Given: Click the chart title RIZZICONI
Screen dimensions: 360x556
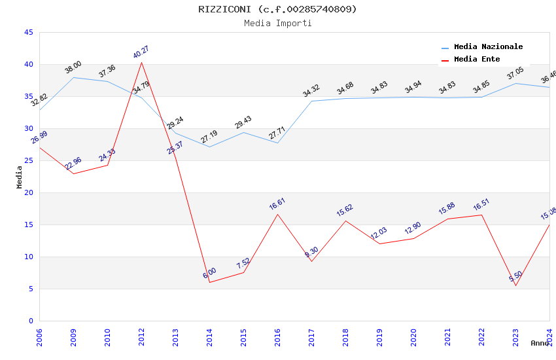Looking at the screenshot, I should (x=278, y=9).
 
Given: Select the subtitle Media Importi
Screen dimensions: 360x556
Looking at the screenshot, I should (x=278, y=23).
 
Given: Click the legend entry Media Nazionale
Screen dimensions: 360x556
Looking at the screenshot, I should (x=488, y=46).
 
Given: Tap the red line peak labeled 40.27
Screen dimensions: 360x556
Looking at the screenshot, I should (x=141, y=62).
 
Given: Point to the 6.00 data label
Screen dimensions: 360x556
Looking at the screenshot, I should (x=209, y=273).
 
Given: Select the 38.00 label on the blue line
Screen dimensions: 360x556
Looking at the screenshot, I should (x=73, y=67).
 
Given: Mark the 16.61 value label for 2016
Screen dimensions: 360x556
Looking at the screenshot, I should (x=277, y=204).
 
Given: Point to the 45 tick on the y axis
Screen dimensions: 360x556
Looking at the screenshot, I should (x=28, y=32).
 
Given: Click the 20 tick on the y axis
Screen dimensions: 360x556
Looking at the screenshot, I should (x=28, y=192).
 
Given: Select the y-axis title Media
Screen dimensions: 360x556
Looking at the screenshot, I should (x=20, y=177).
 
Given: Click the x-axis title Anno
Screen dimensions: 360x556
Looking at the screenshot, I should (x=540, y=343).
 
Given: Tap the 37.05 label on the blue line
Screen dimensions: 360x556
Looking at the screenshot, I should (x=515, y=73).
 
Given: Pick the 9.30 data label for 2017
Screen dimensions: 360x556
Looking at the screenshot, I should (x=312, y=252).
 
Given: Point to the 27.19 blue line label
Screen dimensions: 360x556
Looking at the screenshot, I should (x=209, y=137).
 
